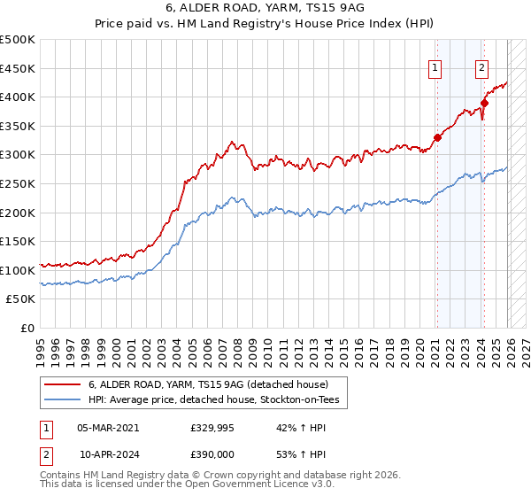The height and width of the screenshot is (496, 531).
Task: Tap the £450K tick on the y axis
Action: click(18, 68)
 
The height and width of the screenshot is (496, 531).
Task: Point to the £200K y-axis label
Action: click(18, 213)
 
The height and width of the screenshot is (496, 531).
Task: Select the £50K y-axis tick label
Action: click(21, 299)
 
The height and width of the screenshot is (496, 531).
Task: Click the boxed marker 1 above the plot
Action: click(436, 66)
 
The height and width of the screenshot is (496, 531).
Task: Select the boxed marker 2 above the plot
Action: click(482, 66)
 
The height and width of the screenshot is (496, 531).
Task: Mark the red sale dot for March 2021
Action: click(437, 137)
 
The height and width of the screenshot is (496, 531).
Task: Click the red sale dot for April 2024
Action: click(485, 103)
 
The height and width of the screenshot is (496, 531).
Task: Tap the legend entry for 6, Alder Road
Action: click(208, 384)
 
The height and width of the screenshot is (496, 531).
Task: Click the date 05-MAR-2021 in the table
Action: click(108, 427)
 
